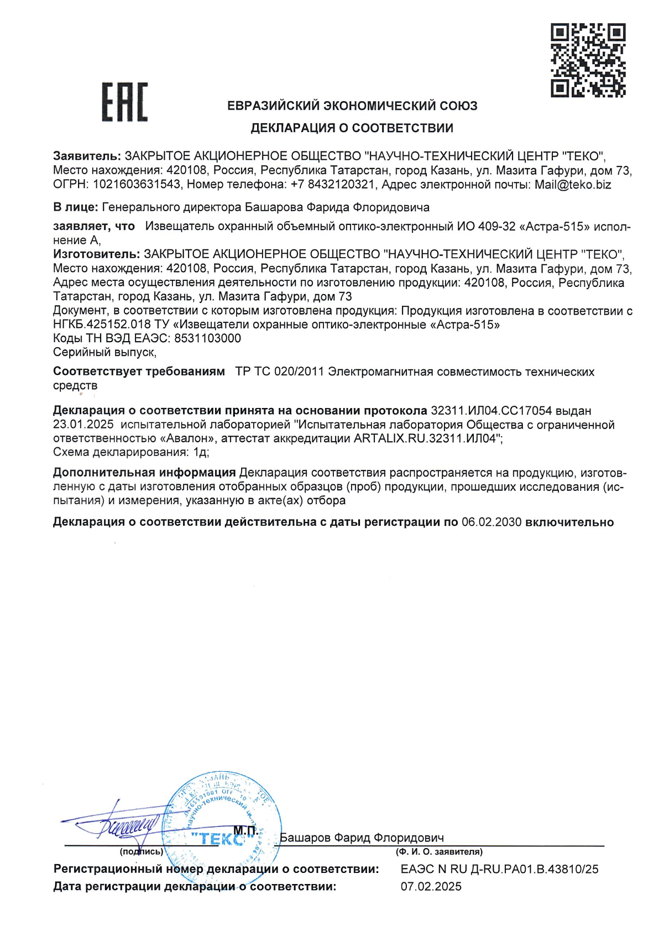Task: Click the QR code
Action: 588,60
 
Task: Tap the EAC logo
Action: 124,102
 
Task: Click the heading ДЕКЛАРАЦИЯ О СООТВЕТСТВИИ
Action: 352,128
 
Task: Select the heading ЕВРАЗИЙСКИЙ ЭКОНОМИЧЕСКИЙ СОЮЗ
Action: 352,106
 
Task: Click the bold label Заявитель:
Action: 87,156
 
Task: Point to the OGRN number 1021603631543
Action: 137,185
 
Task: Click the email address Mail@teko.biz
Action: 572,185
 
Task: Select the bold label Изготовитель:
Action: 96,254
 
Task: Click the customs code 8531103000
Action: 207,338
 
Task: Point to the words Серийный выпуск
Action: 104,352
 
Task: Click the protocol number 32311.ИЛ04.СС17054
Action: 491,411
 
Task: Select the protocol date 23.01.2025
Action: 83,425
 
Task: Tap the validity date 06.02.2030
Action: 491,522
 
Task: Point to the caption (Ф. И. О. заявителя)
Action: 439,852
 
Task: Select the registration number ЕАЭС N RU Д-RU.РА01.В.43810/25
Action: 499,869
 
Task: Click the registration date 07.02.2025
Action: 431,887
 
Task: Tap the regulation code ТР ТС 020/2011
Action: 279,372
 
